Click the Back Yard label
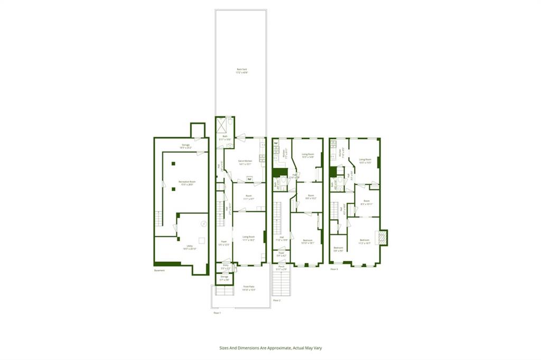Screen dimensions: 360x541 pyautogui.click(x=241, y=71)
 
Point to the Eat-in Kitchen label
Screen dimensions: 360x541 pyautogui.click(x=245, y=162)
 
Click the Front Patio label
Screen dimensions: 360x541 pyautogui.click(x=248, y=289)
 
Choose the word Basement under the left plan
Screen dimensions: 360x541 pyautogui.click(x=160, y=270)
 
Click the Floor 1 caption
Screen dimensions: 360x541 pyautogui.click(x=217, y=312)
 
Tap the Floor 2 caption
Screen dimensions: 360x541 pyautogui.click(x=276, y=300)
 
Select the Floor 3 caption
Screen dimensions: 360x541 pyautogui.click(x=334, y=269)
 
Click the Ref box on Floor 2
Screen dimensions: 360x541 pyautogui.click(x=276, y=143)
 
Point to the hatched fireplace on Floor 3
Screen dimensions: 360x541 pyautogui.click(x=381, y=238)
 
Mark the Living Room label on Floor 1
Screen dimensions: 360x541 pyautogui.click(x=248, y=238)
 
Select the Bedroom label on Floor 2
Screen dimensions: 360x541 pyautogui.click(x=307, y=242)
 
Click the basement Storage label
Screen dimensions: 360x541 pyautogui.click(x=185, y=146)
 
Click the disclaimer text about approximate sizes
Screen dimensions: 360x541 pyautogui.click(x=270, y=348)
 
